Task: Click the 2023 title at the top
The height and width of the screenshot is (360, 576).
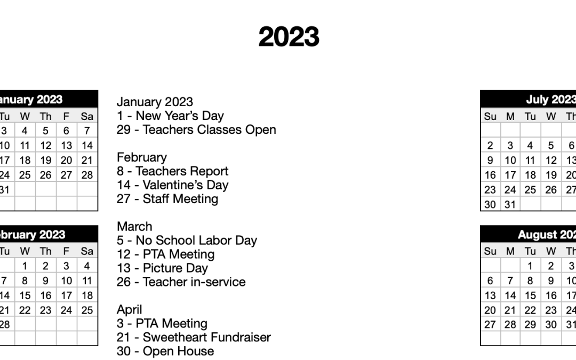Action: [x=289, y=37]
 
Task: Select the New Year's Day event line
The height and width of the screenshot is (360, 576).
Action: [x=170, y=116]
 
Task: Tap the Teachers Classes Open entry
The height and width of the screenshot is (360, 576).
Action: [x=196, y=130]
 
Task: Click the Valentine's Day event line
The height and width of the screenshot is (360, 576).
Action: [x=172, y=185]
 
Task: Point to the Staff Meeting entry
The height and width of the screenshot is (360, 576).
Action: [x=167, y=199]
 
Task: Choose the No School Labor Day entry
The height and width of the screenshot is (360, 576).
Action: [x=187, y=241]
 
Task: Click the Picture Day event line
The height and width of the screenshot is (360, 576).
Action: [x=162, y=268]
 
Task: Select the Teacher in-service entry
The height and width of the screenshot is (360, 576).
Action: [x=181, y=282]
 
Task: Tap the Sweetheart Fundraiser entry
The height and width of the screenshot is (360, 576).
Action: [x=194, y=338]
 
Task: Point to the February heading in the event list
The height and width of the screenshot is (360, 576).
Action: [x=141, y=157]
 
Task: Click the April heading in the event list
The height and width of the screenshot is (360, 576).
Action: [x=130, y=310]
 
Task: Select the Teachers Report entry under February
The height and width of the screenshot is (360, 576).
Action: [x=172, y=171]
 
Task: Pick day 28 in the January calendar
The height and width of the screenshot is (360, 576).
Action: [x=87, y=175]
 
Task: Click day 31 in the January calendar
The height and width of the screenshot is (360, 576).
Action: [x=4, y=190]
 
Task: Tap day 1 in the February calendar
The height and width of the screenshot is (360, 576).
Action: [x=25, y=266]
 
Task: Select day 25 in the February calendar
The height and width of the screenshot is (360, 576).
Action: [x=87, y=310]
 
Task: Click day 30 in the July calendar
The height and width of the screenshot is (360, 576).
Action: [x=490, y=204]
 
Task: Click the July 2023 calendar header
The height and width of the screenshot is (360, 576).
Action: [x=549, y=99]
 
